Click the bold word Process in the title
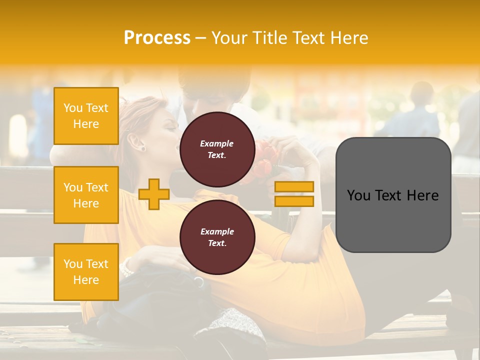pyautogui.click(x=157, y=38)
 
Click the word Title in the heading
pyautogui.click(x=271, y=38)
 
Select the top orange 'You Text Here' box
pyautogui.click(x=86, y=116)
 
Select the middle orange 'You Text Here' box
pyautogui.click(x=86, y=195)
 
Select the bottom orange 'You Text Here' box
pyautogui.click(x=86, y=271)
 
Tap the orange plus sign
pyautogui.click(x=154, y=194)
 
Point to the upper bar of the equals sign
pyautogui.click(x=294, y=187)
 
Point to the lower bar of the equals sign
pyautogui.click(x=294, y=201)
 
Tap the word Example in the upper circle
pyautogui.click(x=217, y=143)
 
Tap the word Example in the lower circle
pyautogui.click(x=217, y=231)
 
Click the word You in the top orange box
pyautogui.click(x=73, y=108)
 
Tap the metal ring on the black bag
pyautogui.click(x=199, y=282)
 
